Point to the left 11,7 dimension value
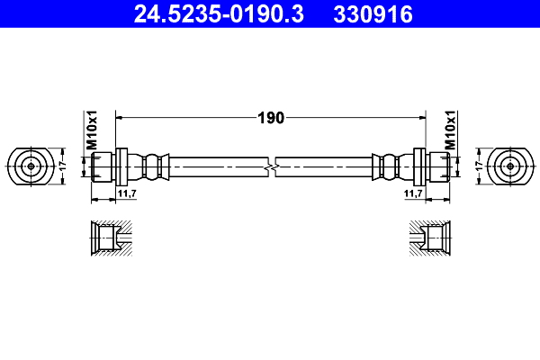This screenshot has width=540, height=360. pos(127,193)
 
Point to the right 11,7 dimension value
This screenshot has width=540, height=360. pos(414,193)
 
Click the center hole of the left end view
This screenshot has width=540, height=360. pos(31,166)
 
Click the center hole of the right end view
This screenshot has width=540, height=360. pos(509,166)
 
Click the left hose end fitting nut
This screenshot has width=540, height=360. pos(102,166)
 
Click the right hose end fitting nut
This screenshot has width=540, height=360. pos(438,166)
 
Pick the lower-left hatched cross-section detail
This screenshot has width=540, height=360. pos(110,238)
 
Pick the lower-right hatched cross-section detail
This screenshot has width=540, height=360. pos(429,238)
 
